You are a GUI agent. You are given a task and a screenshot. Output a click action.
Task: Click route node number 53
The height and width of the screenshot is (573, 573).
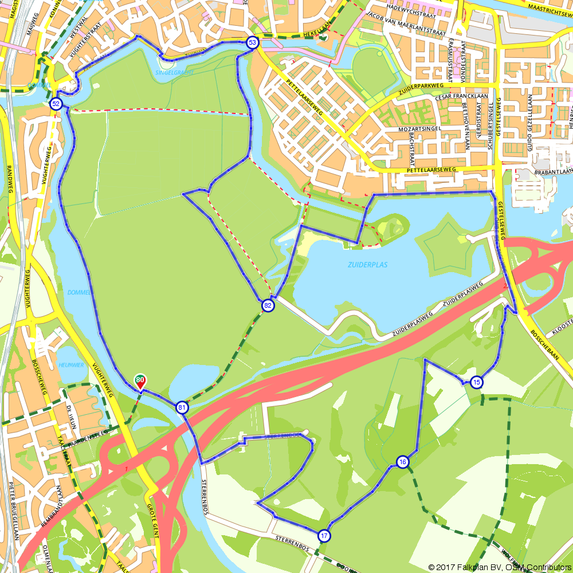pos(252,42)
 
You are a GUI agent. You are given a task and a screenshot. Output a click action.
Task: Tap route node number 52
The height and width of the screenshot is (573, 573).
pos(56,104)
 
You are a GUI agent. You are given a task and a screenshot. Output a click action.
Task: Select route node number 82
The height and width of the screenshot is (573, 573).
pos(268,305)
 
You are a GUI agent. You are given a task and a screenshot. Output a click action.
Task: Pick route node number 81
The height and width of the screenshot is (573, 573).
pos(182,408)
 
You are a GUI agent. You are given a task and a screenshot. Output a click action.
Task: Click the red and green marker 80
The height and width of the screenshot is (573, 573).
pos(140,381)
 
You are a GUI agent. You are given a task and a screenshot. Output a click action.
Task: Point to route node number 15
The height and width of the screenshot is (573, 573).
pos(476,382)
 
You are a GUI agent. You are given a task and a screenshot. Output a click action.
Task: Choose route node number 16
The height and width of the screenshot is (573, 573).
pos(402,462)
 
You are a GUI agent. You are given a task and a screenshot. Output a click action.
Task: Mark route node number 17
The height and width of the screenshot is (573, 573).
pos(324,536)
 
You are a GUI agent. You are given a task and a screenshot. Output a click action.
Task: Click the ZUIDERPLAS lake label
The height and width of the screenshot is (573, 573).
pos(364,265)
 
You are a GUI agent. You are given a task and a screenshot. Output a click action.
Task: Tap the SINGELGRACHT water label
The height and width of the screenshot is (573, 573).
pos(174,73)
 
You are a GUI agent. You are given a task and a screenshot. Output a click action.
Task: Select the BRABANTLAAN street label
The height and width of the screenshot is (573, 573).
pos(553,171)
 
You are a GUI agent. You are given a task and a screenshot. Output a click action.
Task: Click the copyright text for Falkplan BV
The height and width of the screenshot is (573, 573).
pos(500,567)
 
